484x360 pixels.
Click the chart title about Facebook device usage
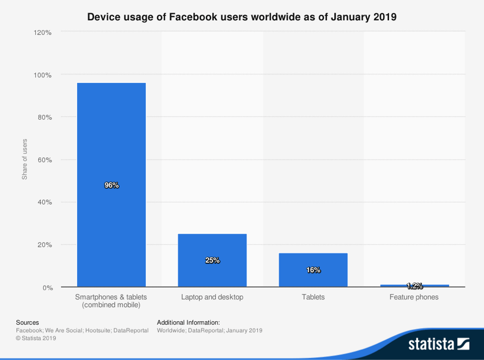(242, 17)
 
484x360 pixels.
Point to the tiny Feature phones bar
(414, 286)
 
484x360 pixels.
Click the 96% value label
(112, 185)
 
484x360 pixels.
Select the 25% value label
(212, 260)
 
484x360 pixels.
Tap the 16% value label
(313, 270)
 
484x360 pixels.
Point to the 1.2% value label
(414, 286)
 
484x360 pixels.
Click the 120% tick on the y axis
(42, 32)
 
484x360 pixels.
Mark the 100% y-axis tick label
(42, 75)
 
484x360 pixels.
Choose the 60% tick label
(44, 160)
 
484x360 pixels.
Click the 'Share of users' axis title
(25, 159)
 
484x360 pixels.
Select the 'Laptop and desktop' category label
(212, 297)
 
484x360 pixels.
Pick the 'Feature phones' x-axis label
(414, 297)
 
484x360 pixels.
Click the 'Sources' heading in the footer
(27, 322)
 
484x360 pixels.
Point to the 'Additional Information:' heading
(188, 322)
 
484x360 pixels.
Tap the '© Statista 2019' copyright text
(36, 338)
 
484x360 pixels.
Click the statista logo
(439, 344)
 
